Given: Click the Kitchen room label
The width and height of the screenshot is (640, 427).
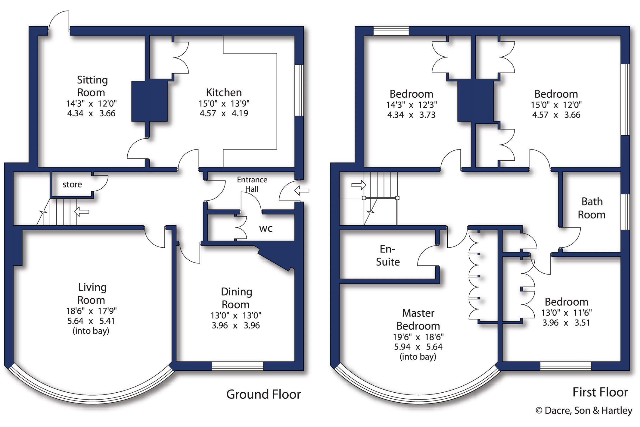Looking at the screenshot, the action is pyautogui.click(x=224, y=92).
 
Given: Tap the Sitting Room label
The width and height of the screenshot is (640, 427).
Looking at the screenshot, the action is pyautogui.click(x=92, y=86).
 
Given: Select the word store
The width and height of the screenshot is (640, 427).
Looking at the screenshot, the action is pyautogui.click(x=72, y=184).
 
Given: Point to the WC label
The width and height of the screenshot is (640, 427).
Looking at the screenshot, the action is pyautogui.click(x=266, y=229).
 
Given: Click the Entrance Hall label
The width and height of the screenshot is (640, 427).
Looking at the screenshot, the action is pyautogui.click(x=252, y=184).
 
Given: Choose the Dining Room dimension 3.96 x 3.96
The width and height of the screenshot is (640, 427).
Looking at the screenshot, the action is pyautogui.click(x=236, y=325).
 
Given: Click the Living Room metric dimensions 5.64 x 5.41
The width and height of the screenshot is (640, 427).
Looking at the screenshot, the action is pyautogui.click(x=91, y=321).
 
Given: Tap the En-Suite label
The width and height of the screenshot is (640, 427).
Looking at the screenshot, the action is pyautogui.click(x=388, y=256).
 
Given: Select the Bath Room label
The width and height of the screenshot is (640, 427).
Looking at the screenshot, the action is pyautogui.click(x=592, y=208).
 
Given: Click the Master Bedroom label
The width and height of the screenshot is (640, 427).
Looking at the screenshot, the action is pyautogui.click(x=418, y=319).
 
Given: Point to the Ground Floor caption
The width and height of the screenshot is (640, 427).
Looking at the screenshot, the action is pyautogui.click(x=263, y=394).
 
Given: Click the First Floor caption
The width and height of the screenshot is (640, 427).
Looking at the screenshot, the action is pyautogui.click(x=600, y=392).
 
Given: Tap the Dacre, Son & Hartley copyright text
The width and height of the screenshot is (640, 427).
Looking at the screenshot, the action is pyautogui.click(x=584, y=410).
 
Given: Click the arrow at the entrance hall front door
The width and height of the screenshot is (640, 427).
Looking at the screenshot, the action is pyautogui.click(x=302, y=190).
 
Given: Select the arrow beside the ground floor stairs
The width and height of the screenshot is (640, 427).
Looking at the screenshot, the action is pyautogui.click(x=82, y=212).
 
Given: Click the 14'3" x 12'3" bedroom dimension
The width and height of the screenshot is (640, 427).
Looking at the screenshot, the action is pyautogui.click(x=412, y=105).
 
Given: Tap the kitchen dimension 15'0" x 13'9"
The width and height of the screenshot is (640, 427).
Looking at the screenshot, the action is pyautogui.click(x=224, y=104).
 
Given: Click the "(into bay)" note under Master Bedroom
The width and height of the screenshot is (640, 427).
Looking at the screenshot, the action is pyautogui.click(x=418, y=357).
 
